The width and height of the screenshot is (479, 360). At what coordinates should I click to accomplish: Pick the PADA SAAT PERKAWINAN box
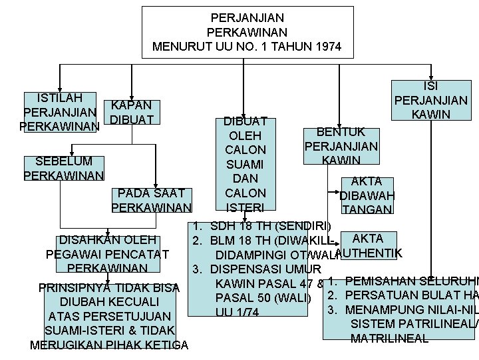coord(152,200)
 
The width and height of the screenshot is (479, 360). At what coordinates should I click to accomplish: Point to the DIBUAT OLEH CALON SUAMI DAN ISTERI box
coord(245,164)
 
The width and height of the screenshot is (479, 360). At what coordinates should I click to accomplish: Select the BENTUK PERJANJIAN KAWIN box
coord(341,146)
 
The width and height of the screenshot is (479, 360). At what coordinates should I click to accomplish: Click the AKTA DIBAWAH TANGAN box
coord(366,195)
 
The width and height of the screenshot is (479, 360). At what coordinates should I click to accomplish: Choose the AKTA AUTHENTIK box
coord(368,245)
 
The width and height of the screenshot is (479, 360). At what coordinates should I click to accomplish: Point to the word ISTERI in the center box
coord(245,208)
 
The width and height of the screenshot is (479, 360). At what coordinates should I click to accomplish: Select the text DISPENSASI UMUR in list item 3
coord(256,269)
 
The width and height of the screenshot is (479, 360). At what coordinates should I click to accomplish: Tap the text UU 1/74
coord(234,312)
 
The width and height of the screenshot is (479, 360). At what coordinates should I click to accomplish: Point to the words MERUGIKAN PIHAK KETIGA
coord(109,345)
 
